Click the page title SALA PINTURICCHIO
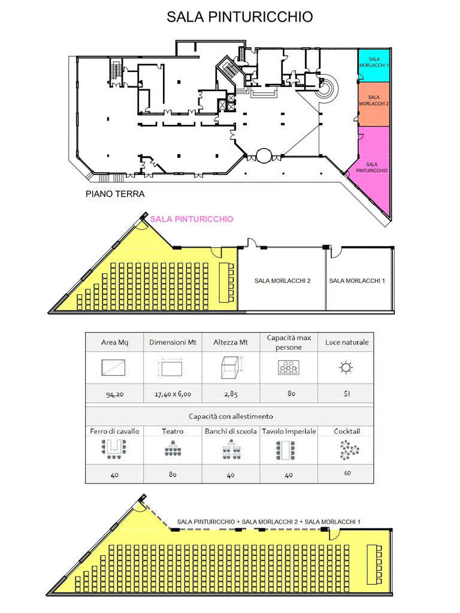coord(240,17)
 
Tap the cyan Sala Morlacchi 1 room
coord(374,65)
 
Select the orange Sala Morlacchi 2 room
coord(374,104)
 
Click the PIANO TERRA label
coord(115,194)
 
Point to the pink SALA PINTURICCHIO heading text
coord(192,219)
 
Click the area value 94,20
coord(114,394)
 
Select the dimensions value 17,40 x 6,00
coord(172,394)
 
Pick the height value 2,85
coord(231,394)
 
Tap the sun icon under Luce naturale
coord(346,367)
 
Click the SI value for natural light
coord(347,394)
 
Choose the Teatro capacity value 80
coord(172,475)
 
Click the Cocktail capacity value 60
coord(347,473)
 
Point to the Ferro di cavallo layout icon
coord(114,449)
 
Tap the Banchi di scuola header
coord(231,431)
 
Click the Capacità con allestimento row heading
coord(231,416)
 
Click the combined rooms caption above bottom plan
coord(268,521)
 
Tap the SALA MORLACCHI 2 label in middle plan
coord(282,280)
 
